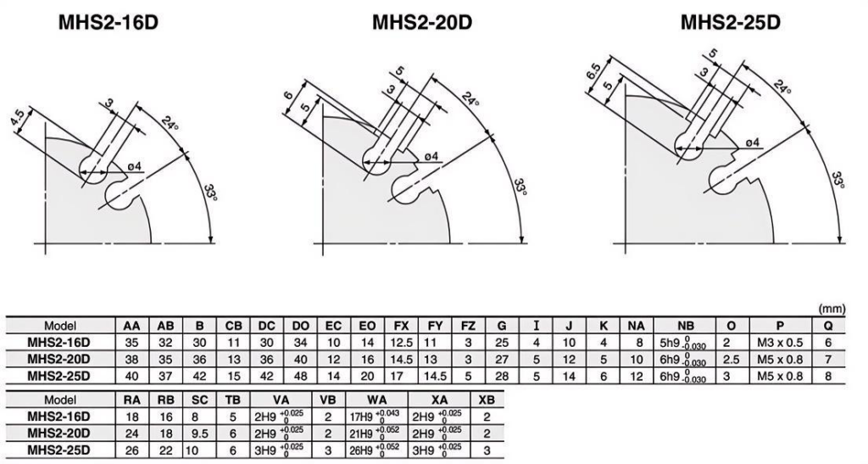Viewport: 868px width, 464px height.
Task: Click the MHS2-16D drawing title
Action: click(x=108, y=23)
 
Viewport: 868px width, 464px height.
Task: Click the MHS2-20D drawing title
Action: click(x=422, y=23)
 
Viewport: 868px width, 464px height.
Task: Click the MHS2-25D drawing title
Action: click(x=730, y=23)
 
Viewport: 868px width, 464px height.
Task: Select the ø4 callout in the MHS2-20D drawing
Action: click(x=431, y=157)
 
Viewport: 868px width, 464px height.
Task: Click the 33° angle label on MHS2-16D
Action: click(x=210, y=192)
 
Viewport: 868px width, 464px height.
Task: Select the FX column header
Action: click(x=401, y=326)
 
